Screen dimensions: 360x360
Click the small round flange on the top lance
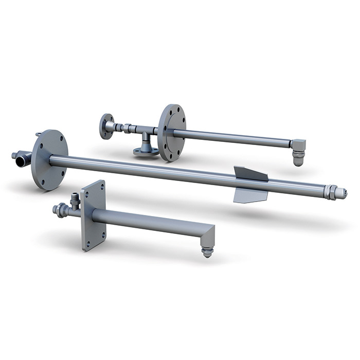(107, 126)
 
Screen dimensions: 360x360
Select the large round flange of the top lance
(171, 133)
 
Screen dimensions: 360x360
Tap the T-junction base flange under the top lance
(146, 151)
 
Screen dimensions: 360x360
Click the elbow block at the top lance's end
(298, 145)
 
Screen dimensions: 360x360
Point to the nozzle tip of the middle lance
(341, 193)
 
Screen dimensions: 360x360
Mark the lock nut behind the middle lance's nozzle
(327, 191)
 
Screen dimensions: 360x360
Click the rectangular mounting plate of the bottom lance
(93, 215)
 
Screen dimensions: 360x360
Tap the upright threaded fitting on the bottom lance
(75, 199)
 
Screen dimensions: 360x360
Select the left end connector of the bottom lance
(60, 209)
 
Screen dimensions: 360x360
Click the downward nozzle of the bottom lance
(207, 251)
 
